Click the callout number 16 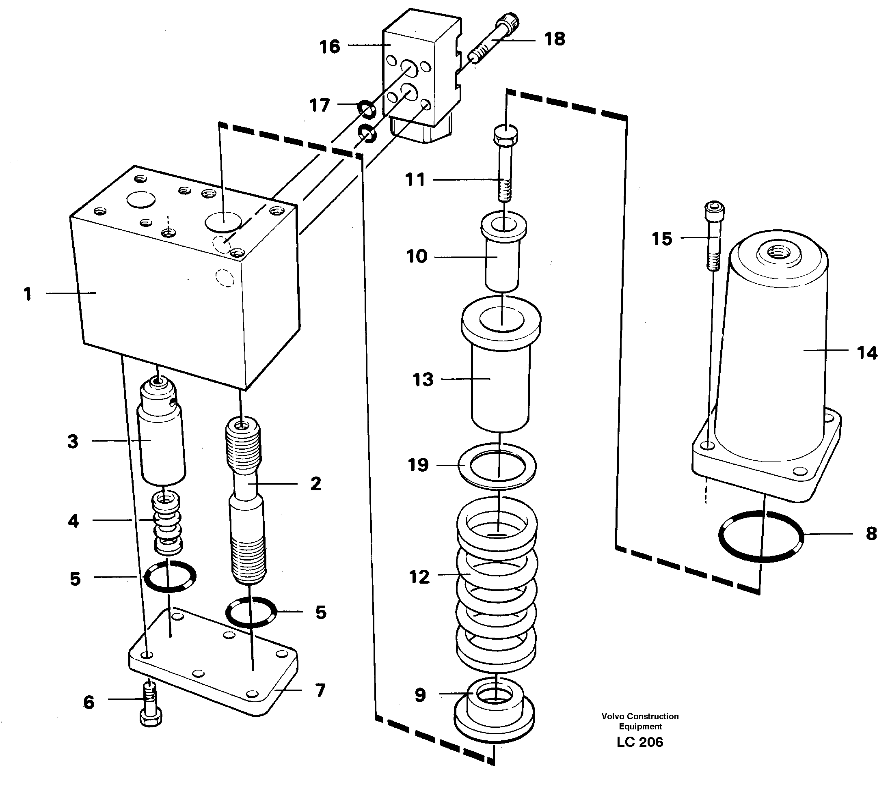coord(329,47)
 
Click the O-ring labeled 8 coord(760,536)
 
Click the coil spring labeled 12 coord(497,583)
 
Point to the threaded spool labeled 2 coord(246,500)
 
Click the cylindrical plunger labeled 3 coord(161,435)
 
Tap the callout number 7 coord(320,690)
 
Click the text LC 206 coord(639,742)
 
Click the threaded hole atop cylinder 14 coord(778,252)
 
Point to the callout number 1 coord(28,294)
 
